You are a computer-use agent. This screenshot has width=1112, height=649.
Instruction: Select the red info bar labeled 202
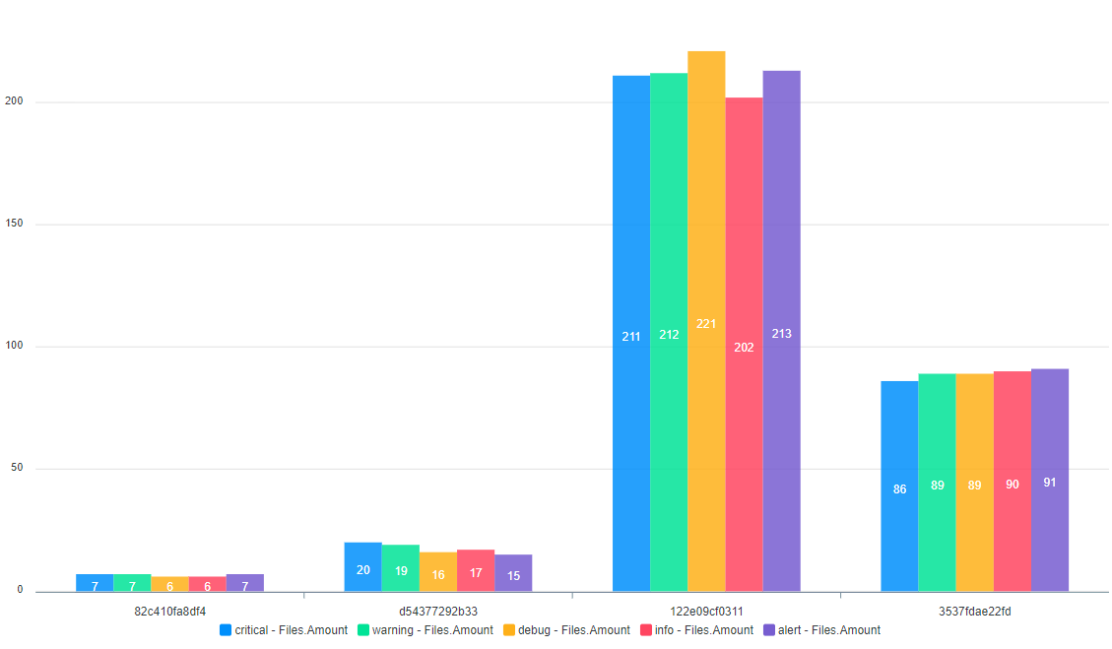(744, 345)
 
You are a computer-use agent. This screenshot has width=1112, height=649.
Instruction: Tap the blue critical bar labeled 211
(631, 334)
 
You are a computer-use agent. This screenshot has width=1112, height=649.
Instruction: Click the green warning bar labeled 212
(669, 332)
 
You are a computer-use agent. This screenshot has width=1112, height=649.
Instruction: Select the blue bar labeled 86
(899, 487)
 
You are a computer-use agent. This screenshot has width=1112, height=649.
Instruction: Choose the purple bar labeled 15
(513, 573)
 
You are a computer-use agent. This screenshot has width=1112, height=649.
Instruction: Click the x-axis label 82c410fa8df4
(170, 611)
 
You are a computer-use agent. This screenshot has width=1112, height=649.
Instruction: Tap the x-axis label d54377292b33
(438, 611)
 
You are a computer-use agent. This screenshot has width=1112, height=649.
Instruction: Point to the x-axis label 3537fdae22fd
(974, 611)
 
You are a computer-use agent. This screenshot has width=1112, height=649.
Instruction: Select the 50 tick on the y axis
(16, 469)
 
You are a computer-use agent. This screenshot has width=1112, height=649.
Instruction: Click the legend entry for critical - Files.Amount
(284, 630)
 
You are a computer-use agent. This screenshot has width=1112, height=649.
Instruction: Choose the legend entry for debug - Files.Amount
(566, 630)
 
